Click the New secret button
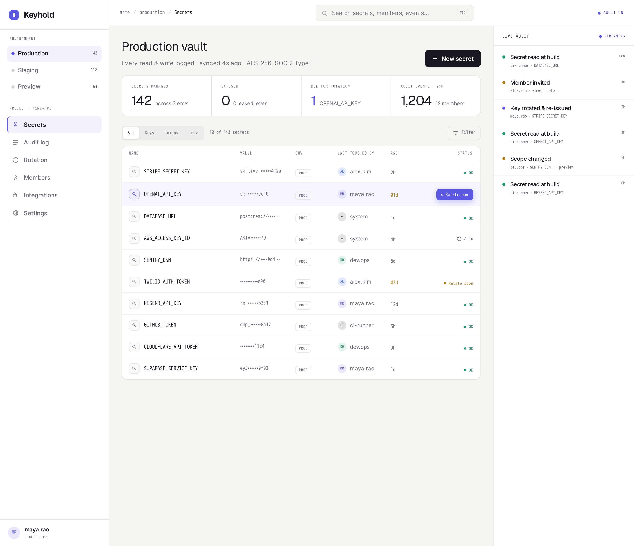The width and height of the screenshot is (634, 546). pos(453,59)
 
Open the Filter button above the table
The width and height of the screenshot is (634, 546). pos(464,133)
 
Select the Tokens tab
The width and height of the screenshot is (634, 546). pos(171,133)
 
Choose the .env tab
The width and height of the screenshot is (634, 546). pos(193,133)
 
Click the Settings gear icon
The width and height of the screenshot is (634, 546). pos(16,213)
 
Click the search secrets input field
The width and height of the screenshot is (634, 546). pos(395,13)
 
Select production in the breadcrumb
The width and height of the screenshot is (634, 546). pos(152,13)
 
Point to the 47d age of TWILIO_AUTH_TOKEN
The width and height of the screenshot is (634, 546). pos(394,283)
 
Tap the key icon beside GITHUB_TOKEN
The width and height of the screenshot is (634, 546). pos(134,325)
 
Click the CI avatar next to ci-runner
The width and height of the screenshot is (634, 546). pos(342,325)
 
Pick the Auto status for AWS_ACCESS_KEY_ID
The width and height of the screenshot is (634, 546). pos(465,239)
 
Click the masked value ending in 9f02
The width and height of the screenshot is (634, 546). pos(254,368)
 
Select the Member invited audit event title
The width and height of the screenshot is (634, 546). pos(530,83)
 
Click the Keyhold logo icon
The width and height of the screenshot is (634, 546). pos(14,15)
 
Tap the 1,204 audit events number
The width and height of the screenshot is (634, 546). pos(416,101)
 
